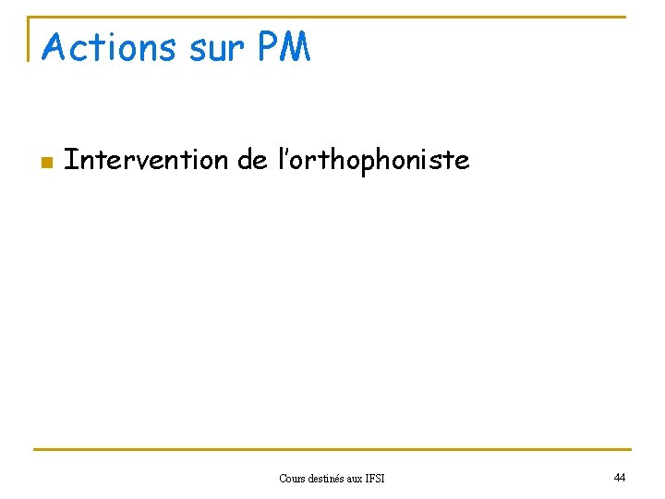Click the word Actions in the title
(x=109, y=48)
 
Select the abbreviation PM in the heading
(x=284, y=48)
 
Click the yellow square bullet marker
(x=44, y=163)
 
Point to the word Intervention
(x=146, y=160)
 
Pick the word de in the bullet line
(x=252, y=160)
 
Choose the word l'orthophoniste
(x=374, y=161)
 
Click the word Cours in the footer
(x=295, y=478)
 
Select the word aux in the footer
(x=361, y=478)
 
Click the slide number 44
(x=619, y=477)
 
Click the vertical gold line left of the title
(x=30, y=39)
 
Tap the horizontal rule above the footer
(x=332, y=450)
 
